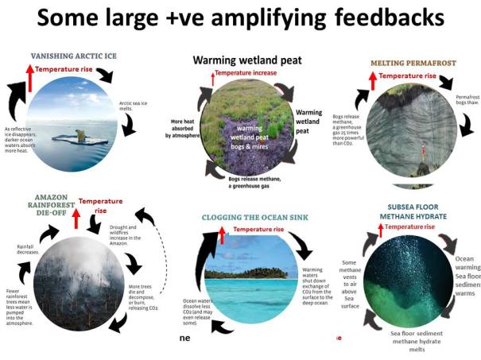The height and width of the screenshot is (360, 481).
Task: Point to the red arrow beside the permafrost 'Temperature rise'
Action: [371, 79]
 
